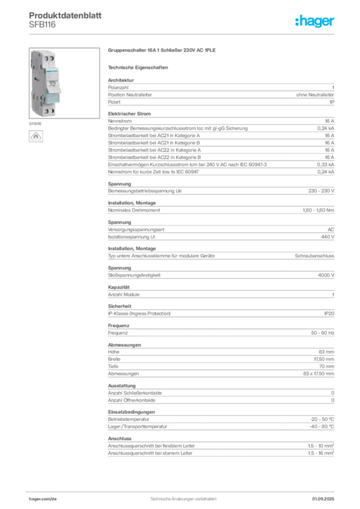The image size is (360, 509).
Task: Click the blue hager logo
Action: click(x=316, y=21)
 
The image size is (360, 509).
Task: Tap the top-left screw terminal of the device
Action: click(x=38, y=60)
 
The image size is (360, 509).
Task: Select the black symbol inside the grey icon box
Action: click(x=36, y=136)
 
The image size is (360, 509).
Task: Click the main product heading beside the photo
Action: click(x=163, y=51)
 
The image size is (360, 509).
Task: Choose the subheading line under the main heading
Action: click(x=139, y=68)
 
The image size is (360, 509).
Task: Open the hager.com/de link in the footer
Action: click(x=42, y=497)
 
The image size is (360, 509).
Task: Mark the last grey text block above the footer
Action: click(x=220, y=445)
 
